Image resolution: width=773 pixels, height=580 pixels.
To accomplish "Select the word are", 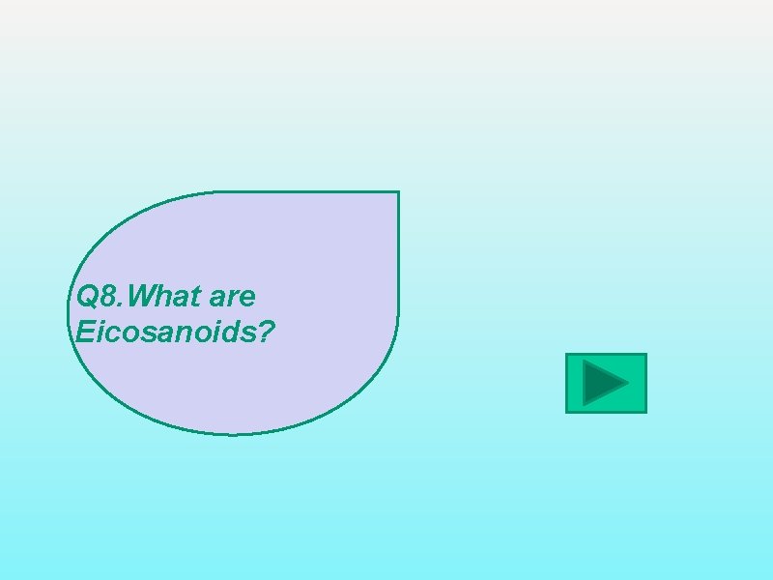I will pos(230,295).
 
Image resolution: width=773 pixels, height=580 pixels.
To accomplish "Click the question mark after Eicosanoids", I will pos(268,333).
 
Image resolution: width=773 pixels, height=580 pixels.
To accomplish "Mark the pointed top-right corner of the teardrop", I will pos(397,192).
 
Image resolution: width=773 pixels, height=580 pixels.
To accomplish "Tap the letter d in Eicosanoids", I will pos(228,333).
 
